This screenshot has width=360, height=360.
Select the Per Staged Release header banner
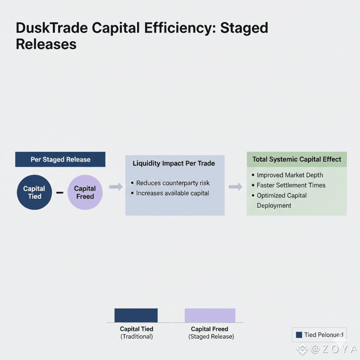(60, 159)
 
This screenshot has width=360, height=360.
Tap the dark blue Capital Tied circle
(34, 193)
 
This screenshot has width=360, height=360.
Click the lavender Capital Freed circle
(85, 193)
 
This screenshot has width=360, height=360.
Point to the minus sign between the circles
(60, 193)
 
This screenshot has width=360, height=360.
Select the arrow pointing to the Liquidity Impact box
(116, 187)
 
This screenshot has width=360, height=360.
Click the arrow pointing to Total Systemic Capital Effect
(235, 187)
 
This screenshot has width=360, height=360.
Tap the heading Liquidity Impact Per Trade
(173, 163)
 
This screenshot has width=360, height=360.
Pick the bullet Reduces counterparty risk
(173, 183)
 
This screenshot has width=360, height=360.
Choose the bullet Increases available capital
(172, 193)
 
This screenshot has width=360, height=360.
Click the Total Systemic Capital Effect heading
(297, 159)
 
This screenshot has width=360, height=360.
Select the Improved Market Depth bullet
(290, 175)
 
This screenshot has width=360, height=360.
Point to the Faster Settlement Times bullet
(291, 185)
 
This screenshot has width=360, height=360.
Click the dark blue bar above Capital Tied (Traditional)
(136, 315)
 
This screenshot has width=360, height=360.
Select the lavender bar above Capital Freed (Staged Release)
(210, 315)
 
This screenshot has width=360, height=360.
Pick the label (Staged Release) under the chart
(211, 337)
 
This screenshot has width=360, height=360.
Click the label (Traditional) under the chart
(137, 337)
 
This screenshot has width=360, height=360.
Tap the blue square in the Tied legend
(299, 335)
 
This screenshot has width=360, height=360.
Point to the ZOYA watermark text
(333, 349)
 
